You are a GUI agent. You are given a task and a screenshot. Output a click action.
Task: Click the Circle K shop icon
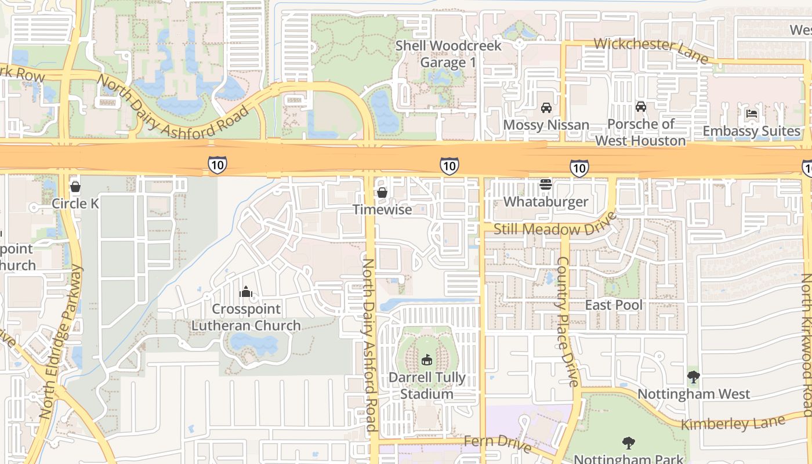point(75,187)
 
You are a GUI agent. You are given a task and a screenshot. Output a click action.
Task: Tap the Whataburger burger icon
point(545,184)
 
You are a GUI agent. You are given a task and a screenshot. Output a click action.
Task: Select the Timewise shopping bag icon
point(382,193)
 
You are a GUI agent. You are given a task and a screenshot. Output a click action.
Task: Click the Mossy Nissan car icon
point(546,108)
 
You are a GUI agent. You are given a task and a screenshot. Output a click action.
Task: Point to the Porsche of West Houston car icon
point(640,107)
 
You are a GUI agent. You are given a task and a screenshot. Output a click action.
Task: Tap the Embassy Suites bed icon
point(752,114)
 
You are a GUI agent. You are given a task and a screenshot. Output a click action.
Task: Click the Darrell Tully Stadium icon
point(427,360)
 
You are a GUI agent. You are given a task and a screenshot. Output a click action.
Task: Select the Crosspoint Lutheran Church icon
point(246,292)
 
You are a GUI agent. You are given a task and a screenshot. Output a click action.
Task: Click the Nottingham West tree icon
point(693,377)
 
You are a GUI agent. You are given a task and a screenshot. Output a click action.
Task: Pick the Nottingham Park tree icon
point(628,444)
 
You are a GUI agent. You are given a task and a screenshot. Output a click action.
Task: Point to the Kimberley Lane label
point(732,423)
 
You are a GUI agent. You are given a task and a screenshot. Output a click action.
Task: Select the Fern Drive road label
point(497,443)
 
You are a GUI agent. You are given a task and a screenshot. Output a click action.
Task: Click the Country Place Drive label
point(566,322)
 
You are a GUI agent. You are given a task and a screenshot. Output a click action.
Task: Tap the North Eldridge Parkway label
point(61,342)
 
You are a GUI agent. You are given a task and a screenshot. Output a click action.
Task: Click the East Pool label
point(614,305)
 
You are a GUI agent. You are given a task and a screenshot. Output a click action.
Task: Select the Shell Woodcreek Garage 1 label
point(448,54)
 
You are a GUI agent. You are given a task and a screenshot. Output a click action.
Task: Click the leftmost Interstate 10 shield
point(217,165)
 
